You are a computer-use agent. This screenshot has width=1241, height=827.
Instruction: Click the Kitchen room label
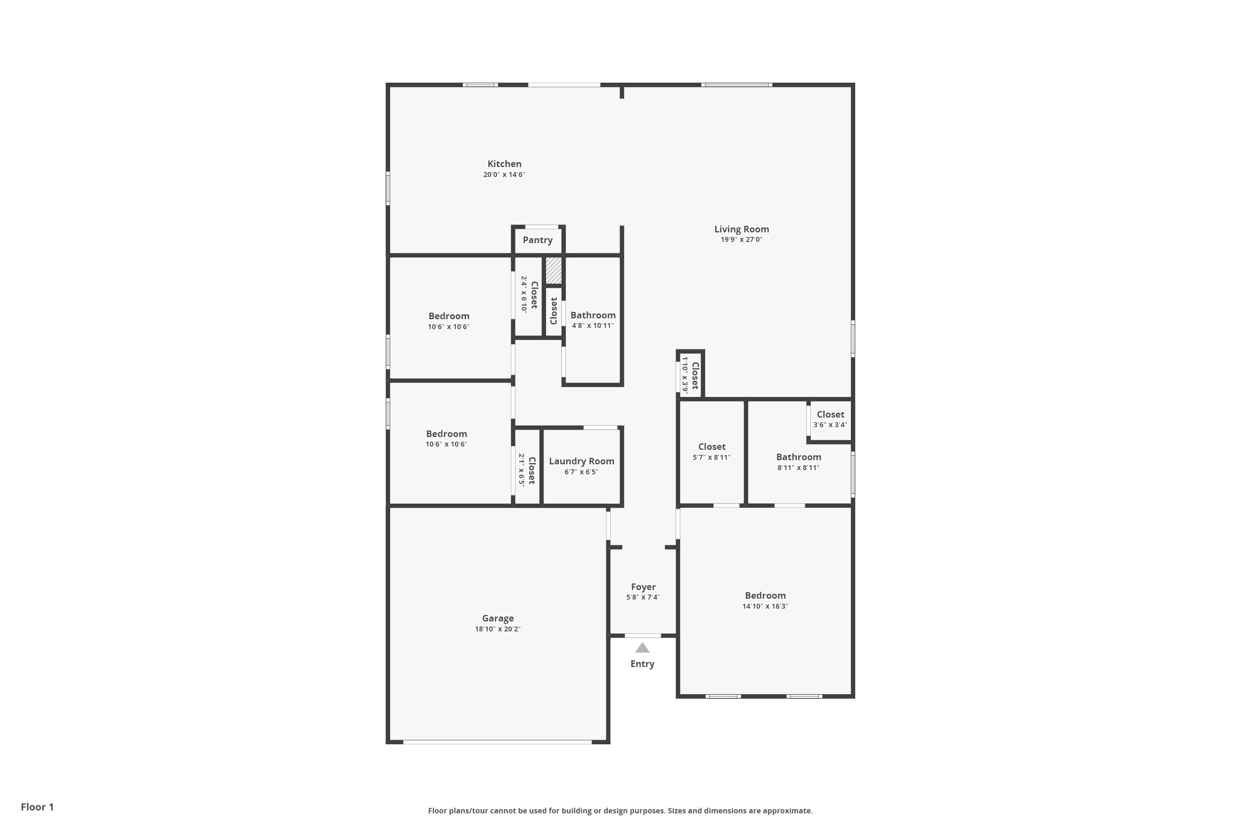click(504, 164)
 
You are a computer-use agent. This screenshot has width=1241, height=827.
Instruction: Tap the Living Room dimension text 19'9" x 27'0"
click(741, 239)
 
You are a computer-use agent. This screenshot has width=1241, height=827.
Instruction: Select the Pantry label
click(537, 240)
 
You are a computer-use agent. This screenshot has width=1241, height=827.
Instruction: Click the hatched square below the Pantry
click(553, 270)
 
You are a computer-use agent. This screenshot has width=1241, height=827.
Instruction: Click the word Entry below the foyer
click(642, 664)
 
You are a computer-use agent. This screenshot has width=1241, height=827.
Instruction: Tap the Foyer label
click(643, 587)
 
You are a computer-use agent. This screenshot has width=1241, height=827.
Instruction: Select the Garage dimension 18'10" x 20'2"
click(497, 629)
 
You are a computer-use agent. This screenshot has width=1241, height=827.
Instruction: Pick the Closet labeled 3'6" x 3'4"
click(830, 415)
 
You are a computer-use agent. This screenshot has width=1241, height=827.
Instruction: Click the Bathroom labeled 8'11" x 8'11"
click(798, 457)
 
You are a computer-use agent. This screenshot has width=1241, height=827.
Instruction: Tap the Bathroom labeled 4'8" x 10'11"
click(592, 316)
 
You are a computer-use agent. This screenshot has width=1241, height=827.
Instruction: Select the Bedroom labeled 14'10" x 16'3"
click(764, 595)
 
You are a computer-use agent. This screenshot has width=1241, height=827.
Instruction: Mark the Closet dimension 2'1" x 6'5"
click(521, 469)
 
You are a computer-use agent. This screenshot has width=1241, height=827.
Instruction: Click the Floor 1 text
click(37, 807)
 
